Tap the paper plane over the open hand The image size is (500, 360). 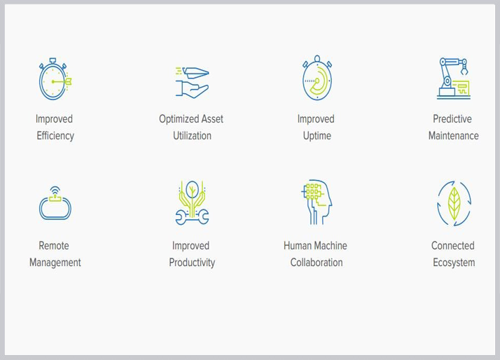195,73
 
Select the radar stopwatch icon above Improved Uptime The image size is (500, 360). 317,78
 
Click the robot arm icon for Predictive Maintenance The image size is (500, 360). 454,78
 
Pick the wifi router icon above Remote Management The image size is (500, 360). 55,203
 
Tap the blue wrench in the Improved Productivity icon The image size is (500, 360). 192,217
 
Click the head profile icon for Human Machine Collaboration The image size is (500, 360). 317,202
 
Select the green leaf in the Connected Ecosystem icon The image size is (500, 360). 454,203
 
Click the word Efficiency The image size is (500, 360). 55,136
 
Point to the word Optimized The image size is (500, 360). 179,119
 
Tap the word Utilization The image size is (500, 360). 193,135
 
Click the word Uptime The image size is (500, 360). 317,136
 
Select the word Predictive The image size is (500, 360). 452,119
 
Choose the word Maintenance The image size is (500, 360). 454,135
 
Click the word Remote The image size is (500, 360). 54,246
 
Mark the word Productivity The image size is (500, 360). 192,263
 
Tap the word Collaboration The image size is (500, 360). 317,263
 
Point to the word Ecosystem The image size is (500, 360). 454,263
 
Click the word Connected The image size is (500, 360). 453,246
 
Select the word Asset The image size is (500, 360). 212,119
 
